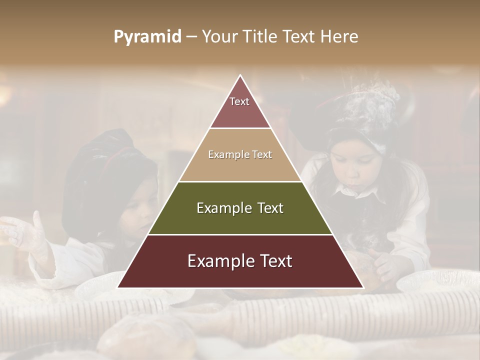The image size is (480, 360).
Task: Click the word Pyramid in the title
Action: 147,37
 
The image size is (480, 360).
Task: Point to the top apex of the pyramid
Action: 240,75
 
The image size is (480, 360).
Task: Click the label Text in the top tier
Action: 239,101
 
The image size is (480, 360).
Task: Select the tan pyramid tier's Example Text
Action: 240,154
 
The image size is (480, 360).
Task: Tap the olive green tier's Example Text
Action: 240,208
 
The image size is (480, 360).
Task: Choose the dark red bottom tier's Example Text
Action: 240,261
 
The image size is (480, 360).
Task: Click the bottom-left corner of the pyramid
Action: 118,287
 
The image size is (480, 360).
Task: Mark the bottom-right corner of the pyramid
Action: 363,287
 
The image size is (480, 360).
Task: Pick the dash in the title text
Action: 191,37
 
